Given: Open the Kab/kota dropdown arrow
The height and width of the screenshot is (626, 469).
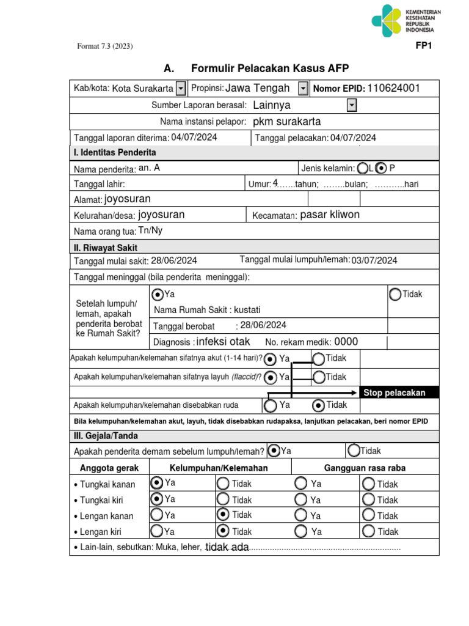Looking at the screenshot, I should [181, 89].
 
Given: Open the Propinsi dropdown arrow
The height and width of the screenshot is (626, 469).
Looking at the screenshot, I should [304, 89].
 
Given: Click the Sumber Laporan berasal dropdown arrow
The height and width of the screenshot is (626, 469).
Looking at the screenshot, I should [351, 106].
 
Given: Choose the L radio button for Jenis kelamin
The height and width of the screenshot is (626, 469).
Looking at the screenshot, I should [363, 168].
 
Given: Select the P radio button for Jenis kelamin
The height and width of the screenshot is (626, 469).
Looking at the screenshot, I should [382, 168].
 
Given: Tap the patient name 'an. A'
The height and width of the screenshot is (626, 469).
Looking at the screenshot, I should [150, 168].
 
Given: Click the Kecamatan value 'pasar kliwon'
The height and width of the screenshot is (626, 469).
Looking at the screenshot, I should [330, 215].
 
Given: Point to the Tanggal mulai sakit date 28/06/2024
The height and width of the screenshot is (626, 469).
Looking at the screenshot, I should [174, 260].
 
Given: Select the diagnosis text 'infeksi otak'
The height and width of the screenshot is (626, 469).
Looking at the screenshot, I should [223, 342].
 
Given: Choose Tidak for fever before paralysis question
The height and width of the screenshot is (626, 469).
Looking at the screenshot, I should [354, 451].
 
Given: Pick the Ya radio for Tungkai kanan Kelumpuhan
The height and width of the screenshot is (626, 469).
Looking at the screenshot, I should [157, 484].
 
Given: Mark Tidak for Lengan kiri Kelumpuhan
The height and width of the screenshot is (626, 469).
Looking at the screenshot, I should [223, 531].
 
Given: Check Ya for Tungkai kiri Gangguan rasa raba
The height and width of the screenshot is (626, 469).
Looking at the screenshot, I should [300, 499].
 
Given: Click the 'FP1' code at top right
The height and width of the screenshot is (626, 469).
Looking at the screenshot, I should [424, 45].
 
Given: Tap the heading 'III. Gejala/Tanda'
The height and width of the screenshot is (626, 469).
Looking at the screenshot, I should [106, 436].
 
